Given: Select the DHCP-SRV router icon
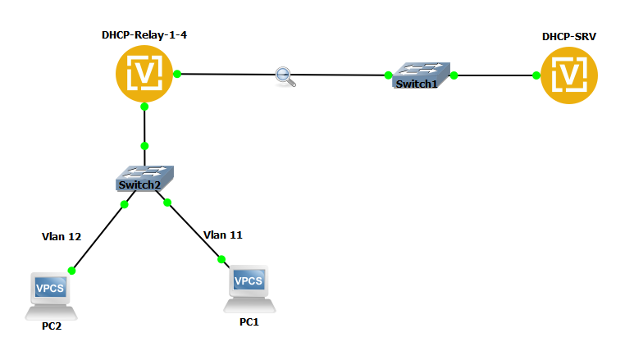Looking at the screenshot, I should (x=568, y=75).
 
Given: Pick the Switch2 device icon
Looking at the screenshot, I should (x=144, y=178).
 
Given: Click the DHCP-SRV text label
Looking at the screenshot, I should (x=568, y=37).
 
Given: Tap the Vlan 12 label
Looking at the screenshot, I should (x=62, y=237).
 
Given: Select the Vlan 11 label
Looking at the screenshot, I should (x=222, y=235).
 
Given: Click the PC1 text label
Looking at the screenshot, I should (x=249, y=322).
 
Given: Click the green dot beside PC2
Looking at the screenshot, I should (x=71, y=270).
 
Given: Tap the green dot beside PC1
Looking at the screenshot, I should (x=221, y=260).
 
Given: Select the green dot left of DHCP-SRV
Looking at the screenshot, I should (x=536, y=75).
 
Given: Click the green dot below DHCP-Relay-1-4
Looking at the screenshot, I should (x=144, y=107).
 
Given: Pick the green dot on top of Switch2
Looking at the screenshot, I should (x=144, y=146).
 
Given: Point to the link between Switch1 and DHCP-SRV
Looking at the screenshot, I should (x=495, y=75).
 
